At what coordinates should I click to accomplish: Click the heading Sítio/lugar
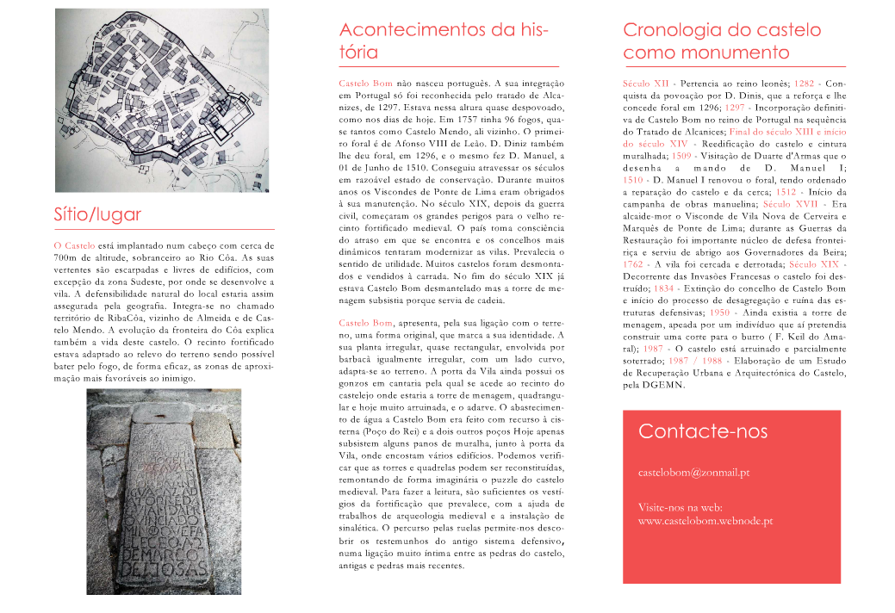97,214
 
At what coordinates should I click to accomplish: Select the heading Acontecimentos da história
444,40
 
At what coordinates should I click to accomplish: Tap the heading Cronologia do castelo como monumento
722,40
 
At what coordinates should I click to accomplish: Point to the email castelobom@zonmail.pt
693,473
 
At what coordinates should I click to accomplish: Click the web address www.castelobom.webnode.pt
705,521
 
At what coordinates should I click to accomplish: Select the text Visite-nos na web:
680,506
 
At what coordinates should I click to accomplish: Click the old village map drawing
162,100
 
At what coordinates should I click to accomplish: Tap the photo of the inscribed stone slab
164,491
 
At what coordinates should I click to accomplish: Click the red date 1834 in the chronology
664,288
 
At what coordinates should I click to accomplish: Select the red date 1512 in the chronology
786,192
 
